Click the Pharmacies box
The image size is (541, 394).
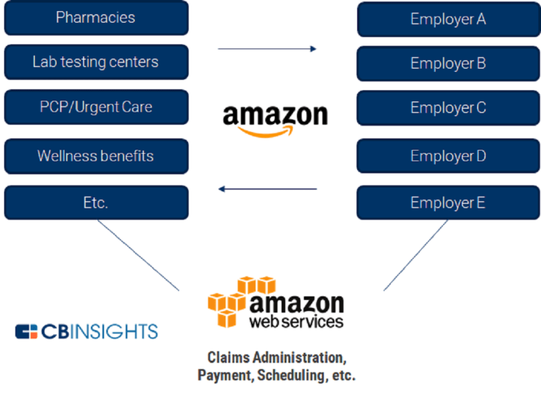click(96, 18)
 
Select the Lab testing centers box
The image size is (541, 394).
click(96, 62)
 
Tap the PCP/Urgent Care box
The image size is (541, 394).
click(96, 107)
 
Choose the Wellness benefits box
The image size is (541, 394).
click(96, 156)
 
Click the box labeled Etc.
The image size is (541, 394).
click(96, 203)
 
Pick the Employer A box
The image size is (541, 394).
click(448, 19)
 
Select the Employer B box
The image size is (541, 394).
click(448, 63)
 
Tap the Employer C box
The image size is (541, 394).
click(448, 108)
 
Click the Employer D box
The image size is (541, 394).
click(448, 156)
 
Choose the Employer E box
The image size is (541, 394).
click(448, 203)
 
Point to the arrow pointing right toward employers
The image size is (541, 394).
click(267, 49)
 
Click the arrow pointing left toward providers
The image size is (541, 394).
click(267, 189)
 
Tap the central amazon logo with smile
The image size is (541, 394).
click(275, 119)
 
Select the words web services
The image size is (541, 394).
click(296, 321)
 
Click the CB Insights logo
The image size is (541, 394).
click(87, 332)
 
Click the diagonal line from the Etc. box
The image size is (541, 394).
click(138, 255)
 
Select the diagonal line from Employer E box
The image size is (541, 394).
click(416, 255)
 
